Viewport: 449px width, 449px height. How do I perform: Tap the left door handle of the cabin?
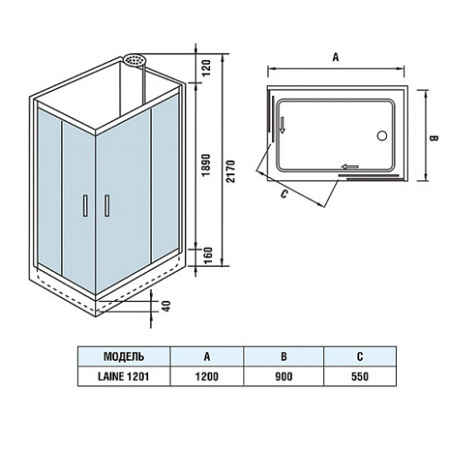click(x=85, y=206)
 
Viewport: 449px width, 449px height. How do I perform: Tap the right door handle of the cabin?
click(x=107, y=206)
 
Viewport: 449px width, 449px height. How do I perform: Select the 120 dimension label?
click(x=207, y=68)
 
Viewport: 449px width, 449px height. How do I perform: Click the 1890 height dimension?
click(x=207, y=165)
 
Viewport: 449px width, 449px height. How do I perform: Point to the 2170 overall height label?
click(x=231, y=172)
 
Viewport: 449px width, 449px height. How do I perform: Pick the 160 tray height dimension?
click(x=207, y=255)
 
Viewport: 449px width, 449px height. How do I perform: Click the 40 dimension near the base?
click(x=166, y=306)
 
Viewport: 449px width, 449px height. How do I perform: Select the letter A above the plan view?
click(x=336, y=57)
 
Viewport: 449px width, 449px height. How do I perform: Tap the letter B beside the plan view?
click(x=434, y=138)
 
